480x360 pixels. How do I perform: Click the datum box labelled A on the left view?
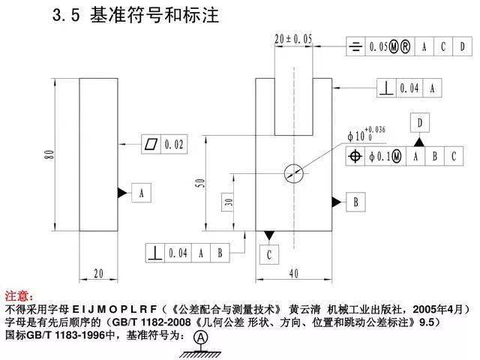[x=141, y=193]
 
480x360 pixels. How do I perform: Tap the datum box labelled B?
[x=355, y=202]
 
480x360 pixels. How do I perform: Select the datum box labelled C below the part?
[x=269, y=254]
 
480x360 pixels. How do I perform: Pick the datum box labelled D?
[x=420, y=123]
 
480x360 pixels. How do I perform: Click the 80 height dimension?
[x=50, y=154]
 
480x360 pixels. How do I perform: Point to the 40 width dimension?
[x=293, y=273]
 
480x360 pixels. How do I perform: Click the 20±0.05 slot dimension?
[x=293, y=39]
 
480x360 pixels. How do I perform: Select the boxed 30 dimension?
[x=228, y=202]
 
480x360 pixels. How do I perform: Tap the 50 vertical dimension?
[x=200, y=183]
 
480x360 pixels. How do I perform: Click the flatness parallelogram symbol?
[x=151, y=144]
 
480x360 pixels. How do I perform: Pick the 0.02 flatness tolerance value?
[x=174, y=144]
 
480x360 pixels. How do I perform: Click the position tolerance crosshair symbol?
[x=355, y=157]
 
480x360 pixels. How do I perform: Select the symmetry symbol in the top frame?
[x=355, y=46]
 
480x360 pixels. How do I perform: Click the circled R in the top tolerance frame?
[x=405, y=46]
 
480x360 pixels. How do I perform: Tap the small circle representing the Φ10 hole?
[x=293, y=173]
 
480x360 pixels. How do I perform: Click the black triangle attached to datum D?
[x=419, y=142]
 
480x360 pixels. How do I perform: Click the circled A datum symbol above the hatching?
[x=201, y=338]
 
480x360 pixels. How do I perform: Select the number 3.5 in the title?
[x=66, y=15]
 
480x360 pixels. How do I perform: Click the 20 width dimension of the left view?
[x=98, y=273]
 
